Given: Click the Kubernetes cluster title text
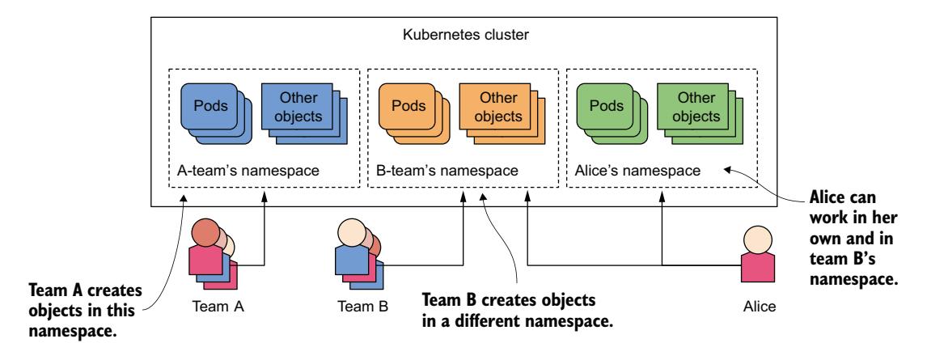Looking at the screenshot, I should [x=463, y=36].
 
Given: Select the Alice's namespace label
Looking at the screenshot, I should [x=635, y=172].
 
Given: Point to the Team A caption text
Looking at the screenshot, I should [x=219, y=307].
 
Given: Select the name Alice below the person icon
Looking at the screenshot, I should [x=759, y=307].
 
